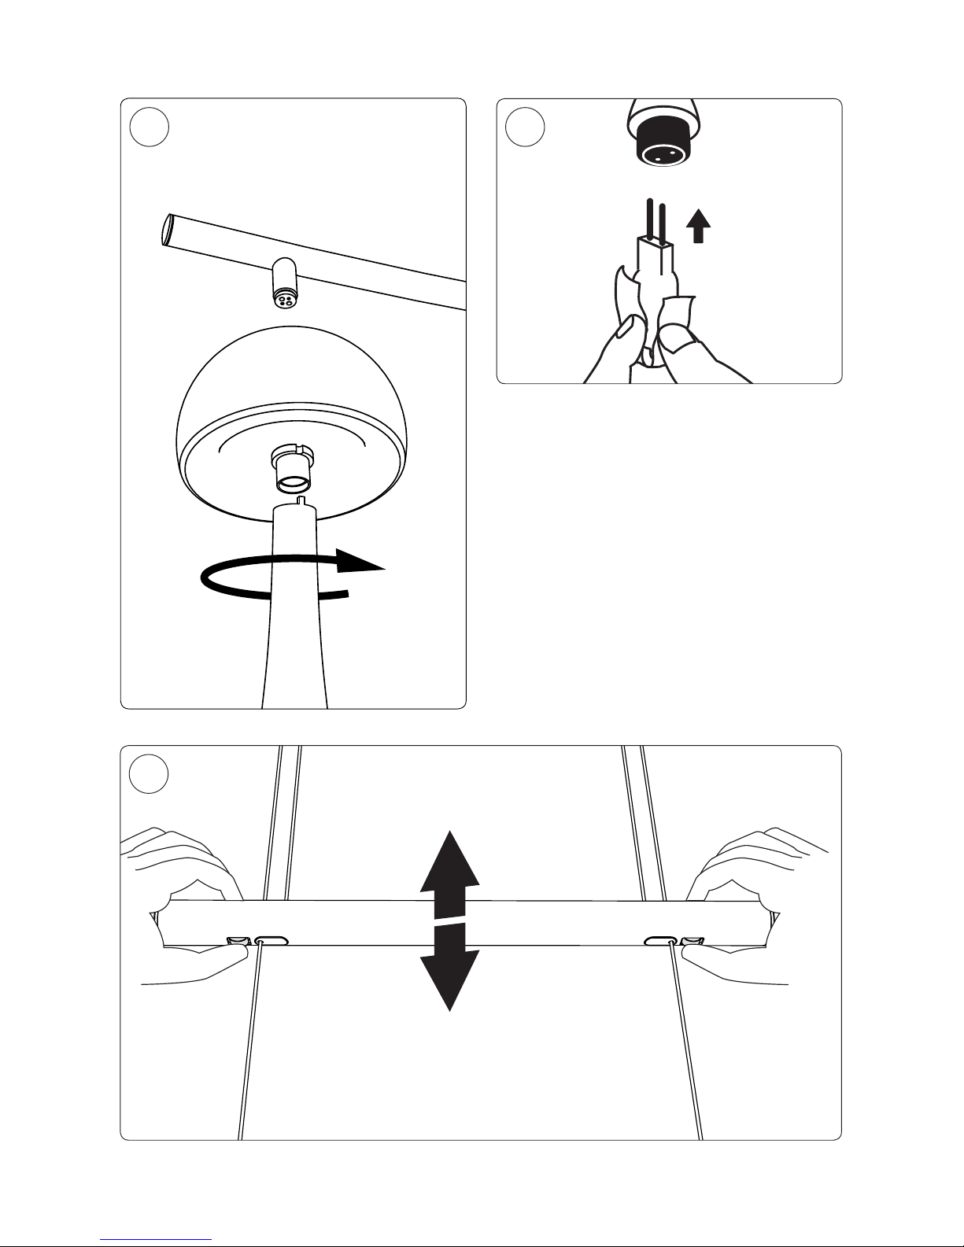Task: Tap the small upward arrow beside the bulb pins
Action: pyautogui.click(x=698, y=227)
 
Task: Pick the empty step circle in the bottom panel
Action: pyautogui.click(x=149, y=774)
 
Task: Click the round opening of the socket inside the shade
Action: pyautogui.click(x=294, y=482)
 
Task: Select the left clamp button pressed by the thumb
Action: pyautogui.click(x=238, y=940)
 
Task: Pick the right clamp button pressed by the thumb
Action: pyautogui.click(x=692, y=940)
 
